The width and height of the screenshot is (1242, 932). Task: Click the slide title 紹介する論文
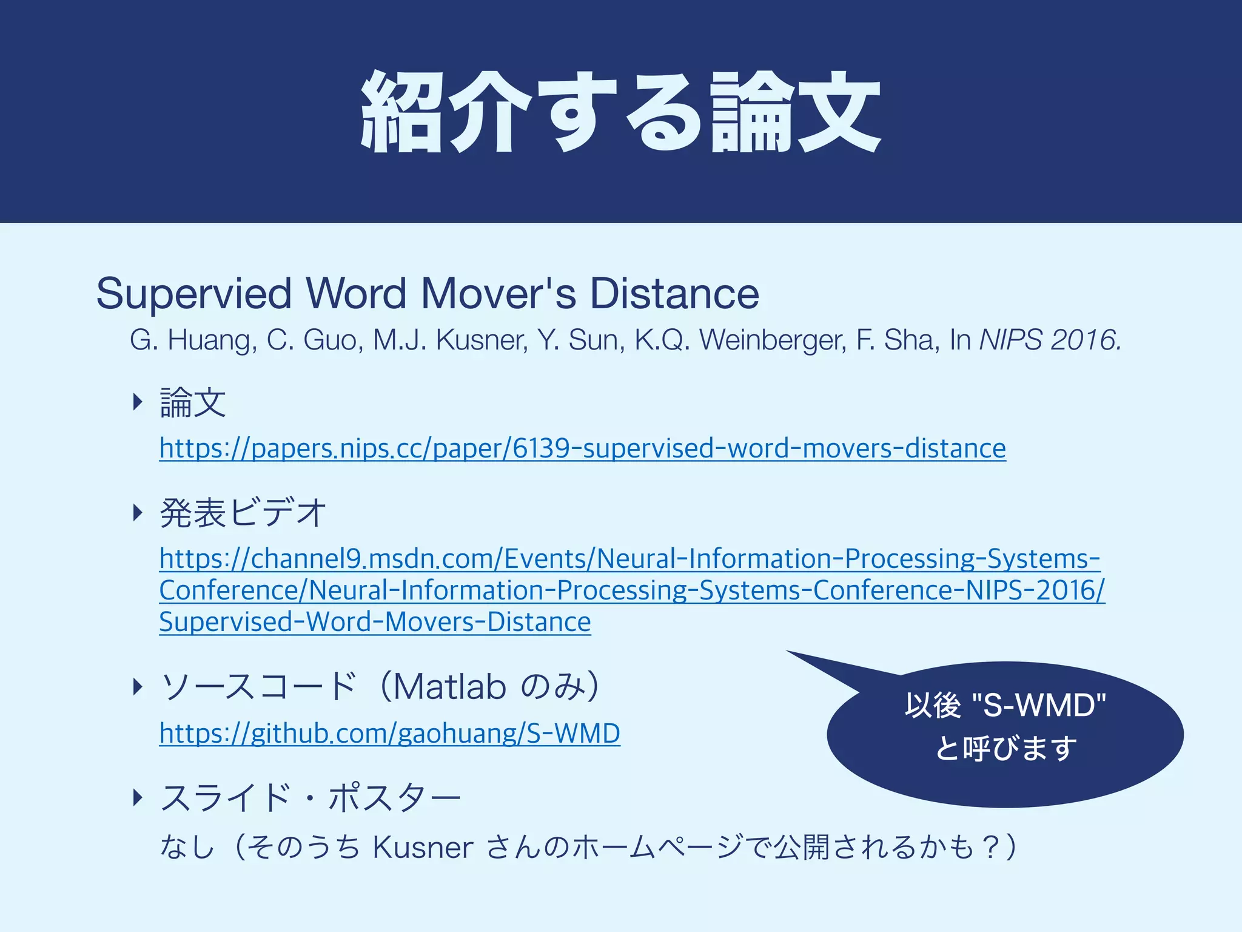coord(620,112)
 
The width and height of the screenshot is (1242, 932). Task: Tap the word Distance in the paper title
coord(674,294)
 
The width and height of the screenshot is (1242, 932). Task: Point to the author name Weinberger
coord(773,340)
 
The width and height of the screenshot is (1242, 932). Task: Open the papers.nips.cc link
coord(582,448)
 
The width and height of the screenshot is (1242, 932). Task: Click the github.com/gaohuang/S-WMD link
coord(389,733)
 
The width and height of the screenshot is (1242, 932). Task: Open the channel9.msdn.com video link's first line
coord(629,559)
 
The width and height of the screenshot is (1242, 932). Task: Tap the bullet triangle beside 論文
coord(138,402)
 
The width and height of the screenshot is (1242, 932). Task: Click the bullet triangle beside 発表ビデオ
coord(138,513)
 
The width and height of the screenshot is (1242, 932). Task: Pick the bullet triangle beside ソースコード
coord(138,687)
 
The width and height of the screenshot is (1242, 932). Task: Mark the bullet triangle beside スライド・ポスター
coord(138,797)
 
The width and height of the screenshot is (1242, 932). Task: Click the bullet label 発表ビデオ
coord(243,513)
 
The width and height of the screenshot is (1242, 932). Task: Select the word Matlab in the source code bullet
coord(449,687)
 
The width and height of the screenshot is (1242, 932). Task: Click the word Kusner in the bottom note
coord(423,847)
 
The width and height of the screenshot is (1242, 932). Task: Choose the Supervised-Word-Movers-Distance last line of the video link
coord(375,622)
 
